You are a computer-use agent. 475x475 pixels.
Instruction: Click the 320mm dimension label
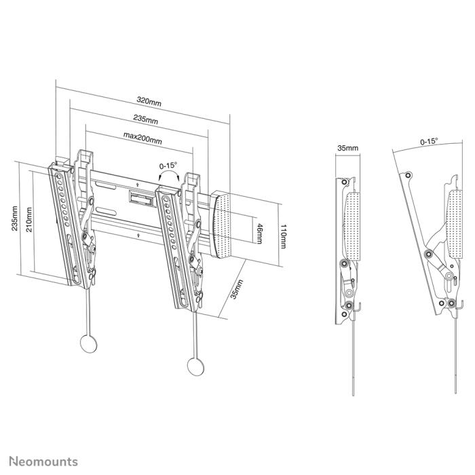149,101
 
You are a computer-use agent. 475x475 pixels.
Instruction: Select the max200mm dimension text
142,140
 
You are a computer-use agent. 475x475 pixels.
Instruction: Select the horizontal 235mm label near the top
145,120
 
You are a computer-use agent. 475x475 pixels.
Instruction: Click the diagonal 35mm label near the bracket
235,290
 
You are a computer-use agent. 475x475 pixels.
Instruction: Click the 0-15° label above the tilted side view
429,142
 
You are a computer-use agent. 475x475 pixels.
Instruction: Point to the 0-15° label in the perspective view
168,166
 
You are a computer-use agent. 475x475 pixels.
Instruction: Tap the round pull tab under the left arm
88,342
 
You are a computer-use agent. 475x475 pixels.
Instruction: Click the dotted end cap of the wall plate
227,224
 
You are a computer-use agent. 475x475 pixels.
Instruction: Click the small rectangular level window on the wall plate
142,197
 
